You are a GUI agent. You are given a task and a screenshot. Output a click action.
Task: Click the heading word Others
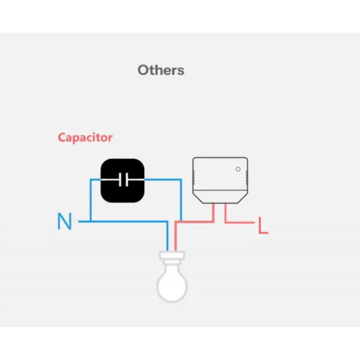tap(161, 70)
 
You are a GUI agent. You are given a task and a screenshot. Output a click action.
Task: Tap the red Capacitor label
tap(85, 138)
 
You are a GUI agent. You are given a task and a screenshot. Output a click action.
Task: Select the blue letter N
tap(64, 221)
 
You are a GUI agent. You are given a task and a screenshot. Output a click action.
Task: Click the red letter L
tap(263, 225)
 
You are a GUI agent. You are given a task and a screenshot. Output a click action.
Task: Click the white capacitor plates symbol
tap(123, 180)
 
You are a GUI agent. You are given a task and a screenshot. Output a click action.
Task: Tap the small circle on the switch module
tap(238, 169)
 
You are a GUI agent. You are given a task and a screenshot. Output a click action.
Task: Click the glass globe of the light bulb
tap(172, 285)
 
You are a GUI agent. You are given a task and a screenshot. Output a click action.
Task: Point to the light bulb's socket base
tap(172, 256)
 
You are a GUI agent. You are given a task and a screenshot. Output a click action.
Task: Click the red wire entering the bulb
tap(175, 237)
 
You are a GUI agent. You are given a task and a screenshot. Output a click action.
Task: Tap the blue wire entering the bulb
tap(167, 237)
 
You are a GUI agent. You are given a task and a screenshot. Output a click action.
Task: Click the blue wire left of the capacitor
tap(91, 200)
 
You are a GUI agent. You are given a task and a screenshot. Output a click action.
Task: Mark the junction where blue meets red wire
tap(181, 221)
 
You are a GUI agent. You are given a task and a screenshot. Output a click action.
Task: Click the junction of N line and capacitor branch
tap(91, 221)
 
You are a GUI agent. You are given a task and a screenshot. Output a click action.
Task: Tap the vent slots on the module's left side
tap(193, 177)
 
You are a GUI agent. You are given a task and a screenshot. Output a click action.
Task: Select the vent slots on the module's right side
tap(247, 177)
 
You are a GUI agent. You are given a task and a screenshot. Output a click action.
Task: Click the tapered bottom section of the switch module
tap(220, 197)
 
